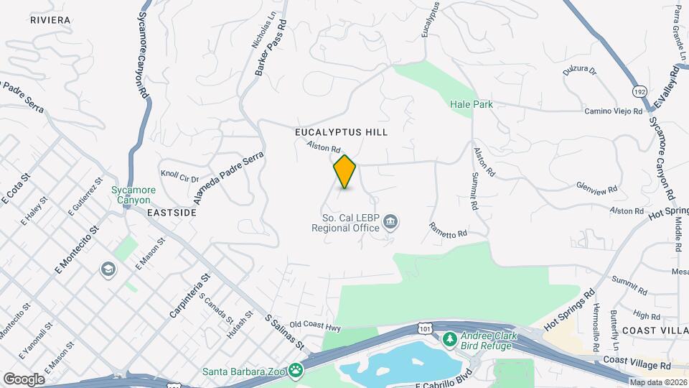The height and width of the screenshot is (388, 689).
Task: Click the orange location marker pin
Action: point(345,172)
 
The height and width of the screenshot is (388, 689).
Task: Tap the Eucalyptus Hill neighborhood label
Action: point(341,132)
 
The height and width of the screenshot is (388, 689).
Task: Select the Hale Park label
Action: point(472,104)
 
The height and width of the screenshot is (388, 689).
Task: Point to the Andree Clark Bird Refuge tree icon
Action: point(450,338)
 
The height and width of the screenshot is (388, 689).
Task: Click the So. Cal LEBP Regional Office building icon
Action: point(390,221)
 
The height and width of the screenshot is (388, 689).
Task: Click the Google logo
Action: point(24,379)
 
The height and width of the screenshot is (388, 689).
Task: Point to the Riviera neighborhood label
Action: point(50,20)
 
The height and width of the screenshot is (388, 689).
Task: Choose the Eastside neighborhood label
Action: point(172,213)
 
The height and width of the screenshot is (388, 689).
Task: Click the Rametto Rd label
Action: point(449,229)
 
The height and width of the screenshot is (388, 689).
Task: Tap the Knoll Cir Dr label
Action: point(179,176)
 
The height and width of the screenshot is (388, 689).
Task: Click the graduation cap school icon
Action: point(108,269)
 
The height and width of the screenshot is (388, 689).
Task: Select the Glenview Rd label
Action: point(597,188)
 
